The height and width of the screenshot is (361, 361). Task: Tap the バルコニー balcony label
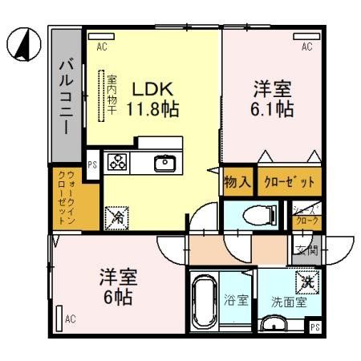point(67,96)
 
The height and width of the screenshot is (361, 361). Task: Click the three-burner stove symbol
point(117,162)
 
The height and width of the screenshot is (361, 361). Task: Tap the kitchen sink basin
point(164,162)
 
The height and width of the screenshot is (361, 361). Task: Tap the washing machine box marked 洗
point(308,282)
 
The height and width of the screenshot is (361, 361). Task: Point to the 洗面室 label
point(288,302)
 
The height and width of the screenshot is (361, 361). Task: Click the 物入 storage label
point(238,182)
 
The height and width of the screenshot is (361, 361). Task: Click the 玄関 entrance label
point(310,249)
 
